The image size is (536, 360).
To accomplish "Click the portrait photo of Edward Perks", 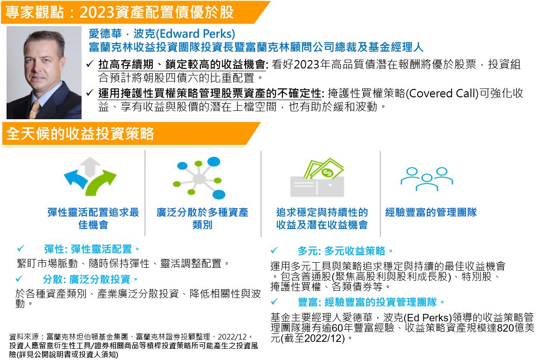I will click(x=44, y=72).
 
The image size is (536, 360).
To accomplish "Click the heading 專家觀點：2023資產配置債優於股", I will click(x=119, y=12).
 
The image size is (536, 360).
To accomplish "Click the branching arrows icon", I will click(x=90, y=177).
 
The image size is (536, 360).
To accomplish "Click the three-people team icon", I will click(x=426, y=178).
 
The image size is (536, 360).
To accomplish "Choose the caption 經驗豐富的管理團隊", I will click(x=431, y=213).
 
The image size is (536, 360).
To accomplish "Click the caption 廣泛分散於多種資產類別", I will click(x=202, y=218).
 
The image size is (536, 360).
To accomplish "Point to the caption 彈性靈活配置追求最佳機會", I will click(x=93, y=218).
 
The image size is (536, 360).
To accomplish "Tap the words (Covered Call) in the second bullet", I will click(x=441, y=93).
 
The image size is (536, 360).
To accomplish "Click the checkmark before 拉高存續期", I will click(x=91, y=64).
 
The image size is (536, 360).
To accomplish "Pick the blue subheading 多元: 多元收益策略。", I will click(x=345, y=251).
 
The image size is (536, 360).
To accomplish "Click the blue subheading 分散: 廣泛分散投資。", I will click(x=91, y=279).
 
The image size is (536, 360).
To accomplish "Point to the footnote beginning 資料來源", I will click(x=131, y=336).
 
